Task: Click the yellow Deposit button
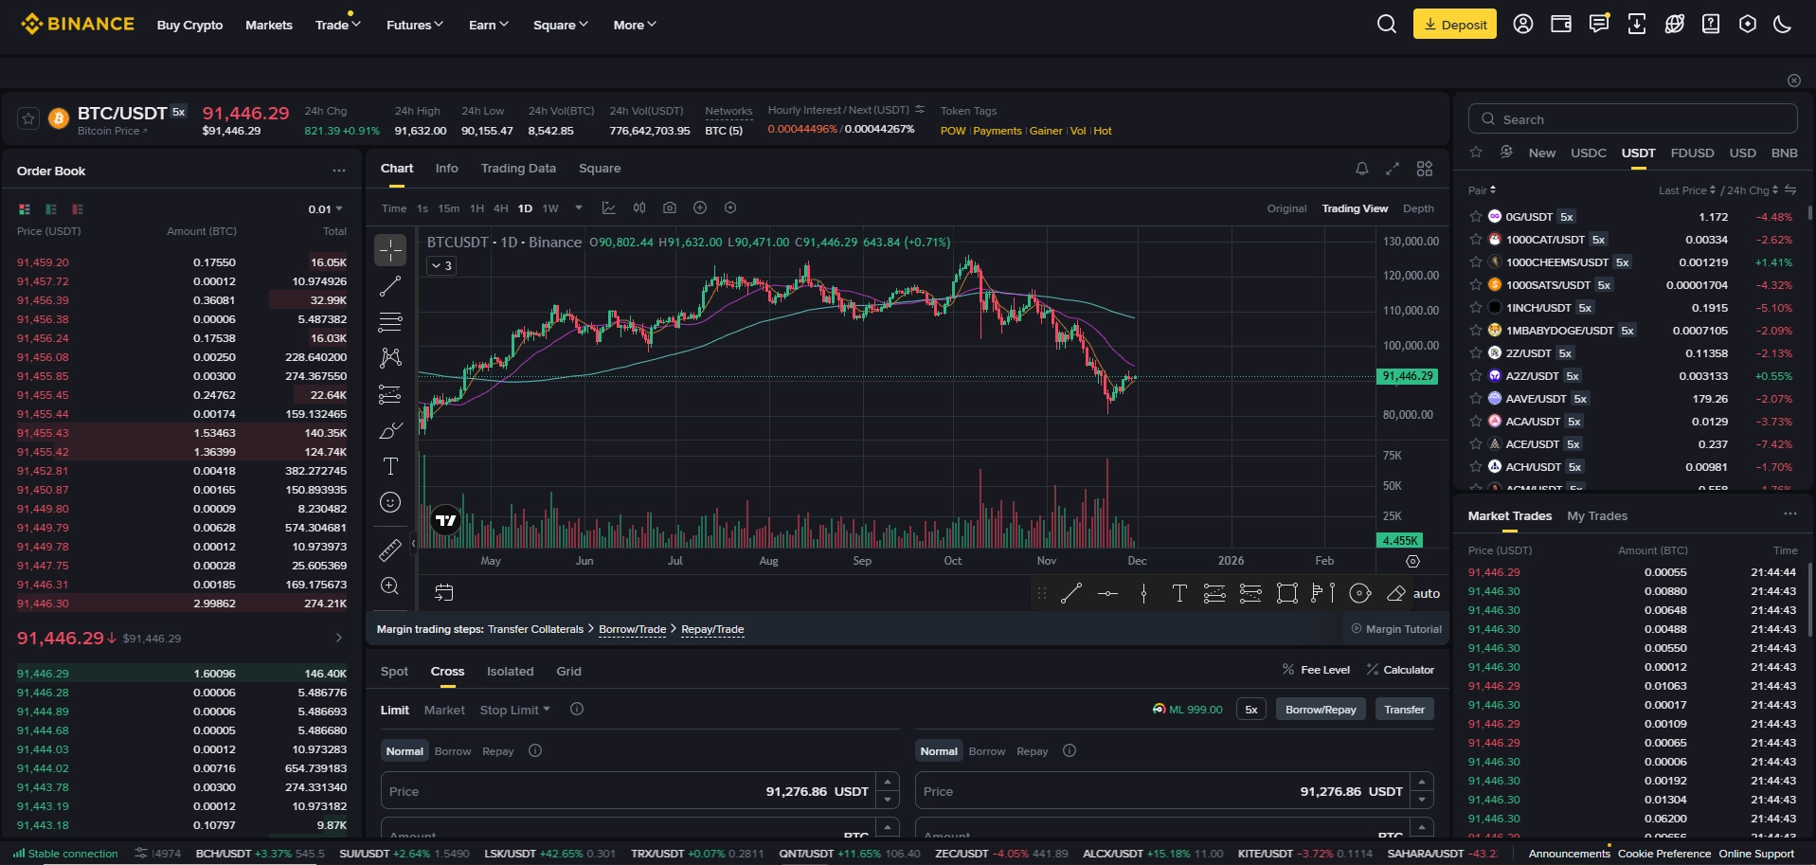coord(1454,25)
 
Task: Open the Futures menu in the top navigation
coord(414,26)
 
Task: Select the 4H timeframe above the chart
coord(500,208)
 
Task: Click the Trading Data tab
coord(518,169)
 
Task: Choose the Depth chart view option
coord(1417,208)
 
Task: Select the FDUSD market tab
coord(1692,153)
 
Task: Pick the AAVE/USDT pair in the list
coord(1535,399)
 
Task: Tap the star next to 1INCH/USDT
coord(1475,308)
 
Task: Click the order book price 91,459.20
coord(43,262)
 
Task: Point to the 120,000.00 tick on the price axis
coord(1411,276)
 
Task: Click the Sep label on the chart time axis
coord(861,561)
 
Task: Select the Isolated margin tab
coord(510,672)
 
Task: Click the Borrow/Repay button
coord(1320,710)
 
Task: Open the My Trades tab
coord(1596,516)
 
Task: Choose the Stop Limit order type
coord(513,711)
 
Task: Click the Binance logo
coord(78,25)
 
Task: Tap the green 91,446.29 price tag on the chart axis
coord(1407,377)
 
